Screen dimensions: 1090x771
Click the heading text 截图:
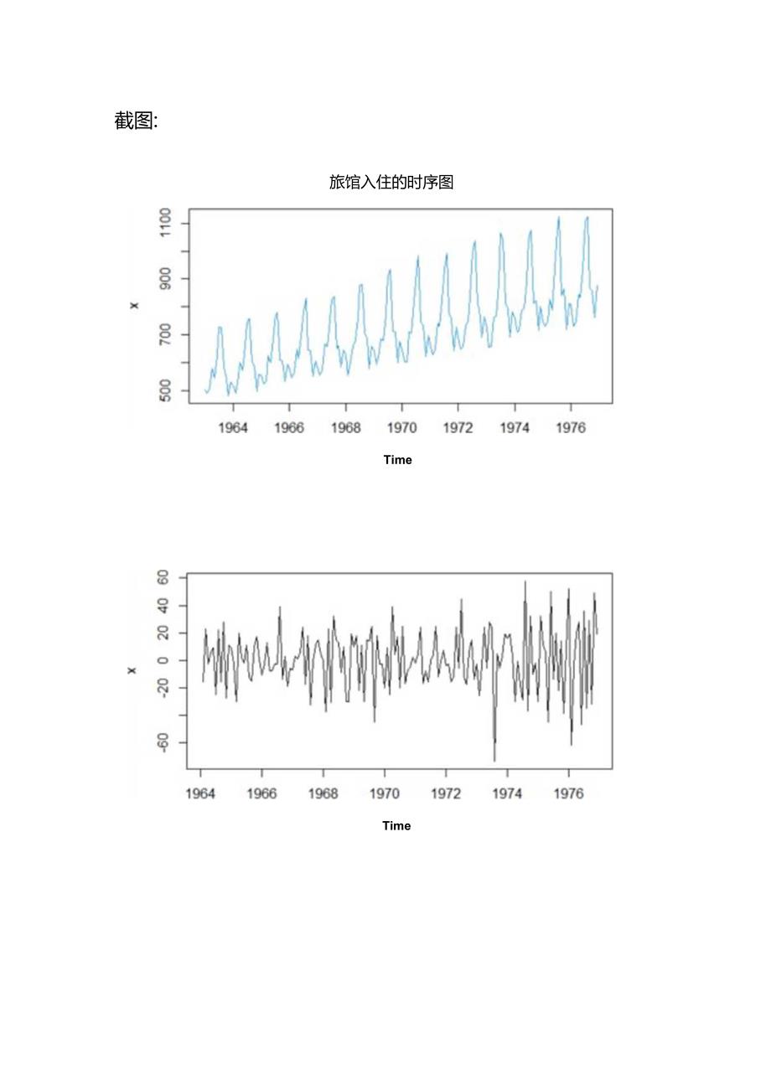click(136, 121)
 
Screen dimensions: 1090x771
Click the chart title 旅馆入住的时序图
click(391, 182)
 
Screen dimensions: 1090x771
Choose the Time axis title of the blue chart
click(397, 460)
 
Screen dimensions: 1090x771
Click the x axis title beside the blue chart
click(134, 306)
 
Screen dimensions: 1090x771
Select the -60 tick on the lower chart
click(160, 742)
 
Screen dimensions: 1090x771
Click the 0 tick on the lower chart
click(164, 660)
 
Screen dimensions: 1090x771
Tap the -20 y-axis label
click(160, 688)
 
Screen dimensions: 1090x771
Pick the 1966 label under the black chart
click(261, 794)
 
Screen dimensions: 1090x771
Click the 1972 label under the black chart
click(446, 794)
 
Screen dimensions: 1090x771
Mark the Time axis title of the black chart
click(396, 826)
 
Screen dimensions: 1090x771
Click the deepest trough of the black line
click(494, 760)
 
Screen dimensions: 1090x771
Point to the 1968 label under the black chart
click(323, 794)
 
